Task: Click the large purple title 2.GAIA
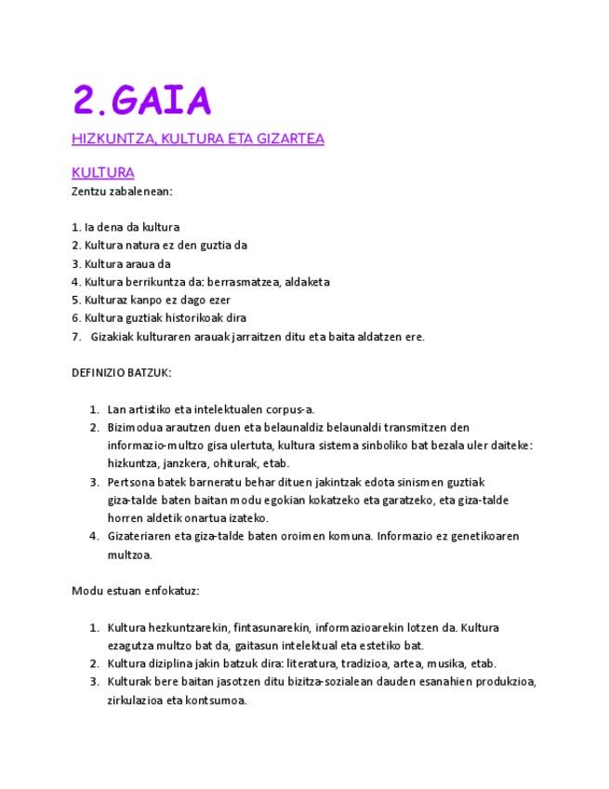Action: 141,100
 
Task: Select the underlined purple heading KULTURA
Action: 102,173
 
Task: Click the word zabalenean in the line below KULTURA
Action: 143,191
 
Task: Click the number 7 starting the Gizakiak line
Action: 75,337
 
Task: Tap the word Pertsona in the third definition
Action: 131,482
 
